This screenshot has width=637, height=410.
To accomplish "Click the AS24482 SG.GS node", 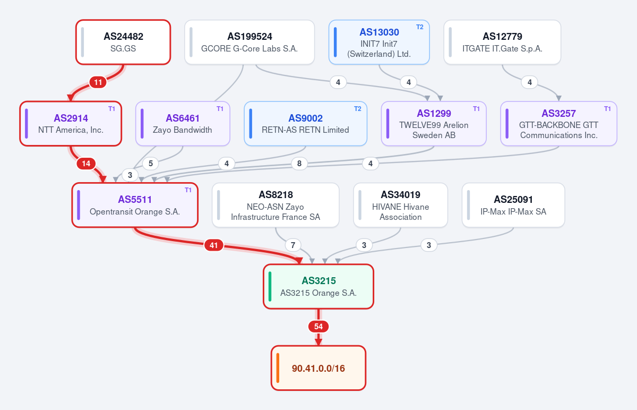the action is coord(123,42).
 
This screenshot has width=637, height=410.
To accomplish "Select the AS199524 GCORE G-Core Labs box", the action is coord(249,42).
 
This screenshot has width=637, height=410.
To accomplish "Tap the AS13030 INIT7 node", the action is coord(379,42).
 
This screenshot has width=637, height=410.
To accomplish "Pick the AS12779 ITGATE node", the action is coord(502,42).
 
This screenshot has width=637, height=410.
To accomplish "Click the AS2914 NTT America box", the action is coord(71,124).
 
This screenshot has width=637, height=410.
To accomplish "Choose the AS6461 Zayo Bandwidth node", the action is coord(183,124).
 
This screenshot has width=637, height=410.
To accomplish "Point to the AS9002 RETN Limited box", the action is coord(305,124).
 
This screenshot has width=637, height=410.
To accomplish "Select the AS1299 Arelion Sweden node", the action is coord(434,124).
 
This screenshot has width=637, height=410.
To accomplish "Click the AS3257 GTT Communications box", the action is coord(558,124).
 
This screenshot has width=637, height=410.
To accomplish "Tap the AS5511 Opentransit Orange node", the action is coord(135,205).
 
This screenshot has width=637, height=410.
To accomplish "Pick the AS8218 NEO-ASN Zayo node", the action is coord(276,205).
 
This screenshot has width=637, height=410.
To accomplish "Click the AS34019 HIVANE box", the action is coord(400,205).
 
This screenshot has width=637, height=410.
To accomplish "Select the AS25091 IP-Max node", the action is coord(513,205).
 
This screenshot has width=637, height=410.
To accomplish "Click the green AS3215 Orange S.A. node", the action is coord(318,286).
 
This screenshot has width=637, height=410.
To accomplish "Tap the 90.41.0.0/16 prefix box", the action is coord(318,368).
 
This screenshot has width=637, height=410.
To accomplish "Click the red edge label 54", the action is coord(318,326).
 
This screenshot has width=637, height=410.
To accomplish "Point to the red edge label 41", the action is coord(213,245).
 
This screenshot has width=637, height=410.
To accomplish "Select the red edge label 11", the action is coord(98,82).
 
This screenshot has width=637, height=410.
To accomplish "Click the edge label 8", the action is coord(299,164).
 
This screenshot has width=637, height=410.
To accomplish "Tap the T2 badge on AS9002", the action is coord(357,109).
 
